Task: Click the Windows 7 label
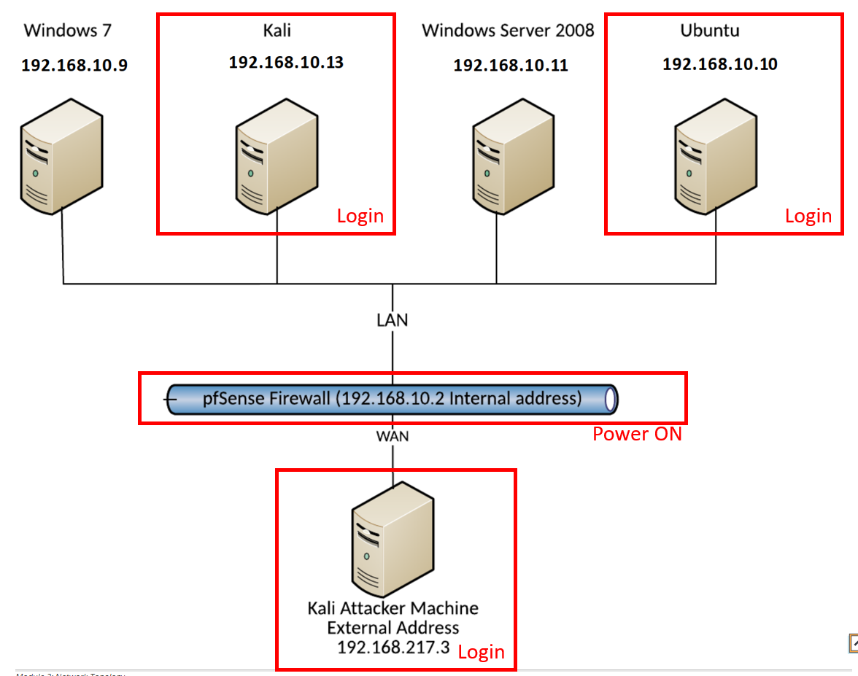point(68,31)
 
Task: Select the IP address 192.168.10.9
point(74,66)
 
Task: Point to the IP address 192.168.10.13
point(286,63)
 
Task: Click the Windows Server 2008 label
point(508,31)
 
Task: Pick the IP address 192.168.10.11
point(511,66)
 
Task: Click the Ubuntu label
point(710,31)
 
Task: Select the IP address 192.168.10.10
point(719,64)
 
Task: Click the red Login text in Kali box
point(360,216)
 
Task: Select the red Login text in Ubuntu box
point(808,216)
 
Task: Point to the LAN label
point(393,319)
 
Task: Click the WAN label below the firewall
point(393,436)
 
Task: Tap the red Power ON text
point(637,434)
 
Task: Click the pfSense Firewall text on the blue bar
point(392,399)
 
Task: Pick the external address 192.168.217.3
point(393,648)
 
